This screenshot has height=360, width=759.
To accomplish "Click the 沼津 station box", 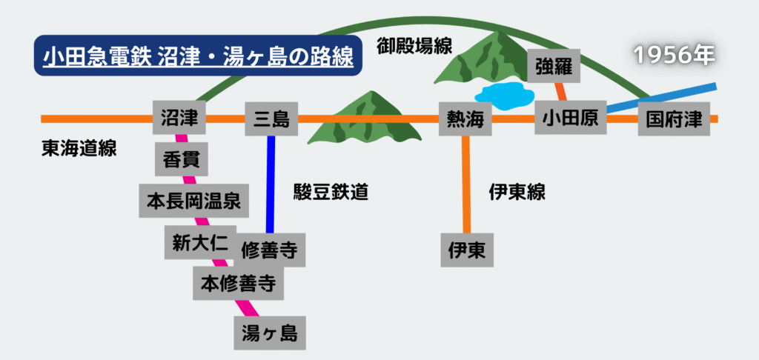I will coord(179,119).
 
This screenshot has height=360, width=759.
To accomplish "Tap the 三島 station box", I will coord(271,119).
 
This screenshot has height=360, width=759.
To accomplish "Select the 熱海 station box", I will coord(465,119).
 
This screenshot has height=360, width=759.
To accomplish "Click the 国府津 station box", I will coord(674,119).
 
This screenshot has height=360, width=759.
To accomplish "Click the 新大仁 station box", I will coord(199,242).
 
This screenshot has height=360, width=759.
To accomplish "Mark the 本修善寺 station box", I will coord(238,283).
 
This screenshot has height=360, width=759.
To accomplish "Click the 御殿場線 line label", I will coord(414,46).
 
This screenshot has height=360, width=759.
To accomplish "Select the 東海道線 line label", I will coord(79,148).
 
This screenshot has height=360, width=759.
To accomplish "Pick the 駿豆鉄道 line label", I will coord(331,193).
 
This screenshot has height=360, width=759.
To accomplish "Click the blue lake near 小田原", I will coord(504,94).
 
